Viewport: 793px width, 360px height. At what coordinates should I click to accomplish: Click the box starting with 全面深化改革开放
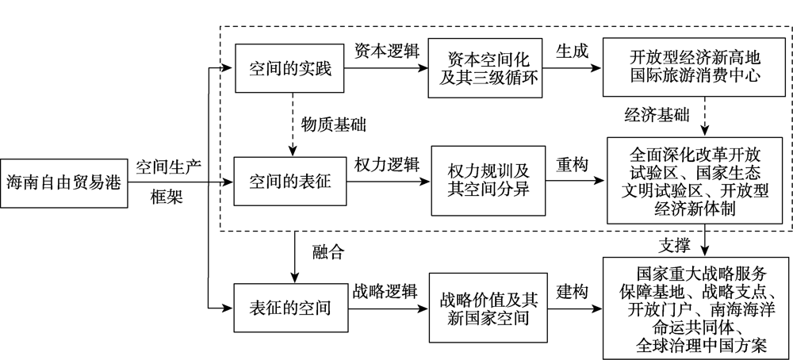[695, 179]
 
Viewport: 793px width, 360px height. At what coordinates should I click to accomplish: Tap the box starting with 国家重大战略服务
[695, 306]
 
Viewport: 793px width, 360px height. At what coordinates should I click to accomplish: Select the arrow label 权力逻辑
[383, 164]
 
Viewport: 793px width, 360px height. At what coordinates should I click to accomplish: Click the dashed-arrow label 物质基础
[333, 124]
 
